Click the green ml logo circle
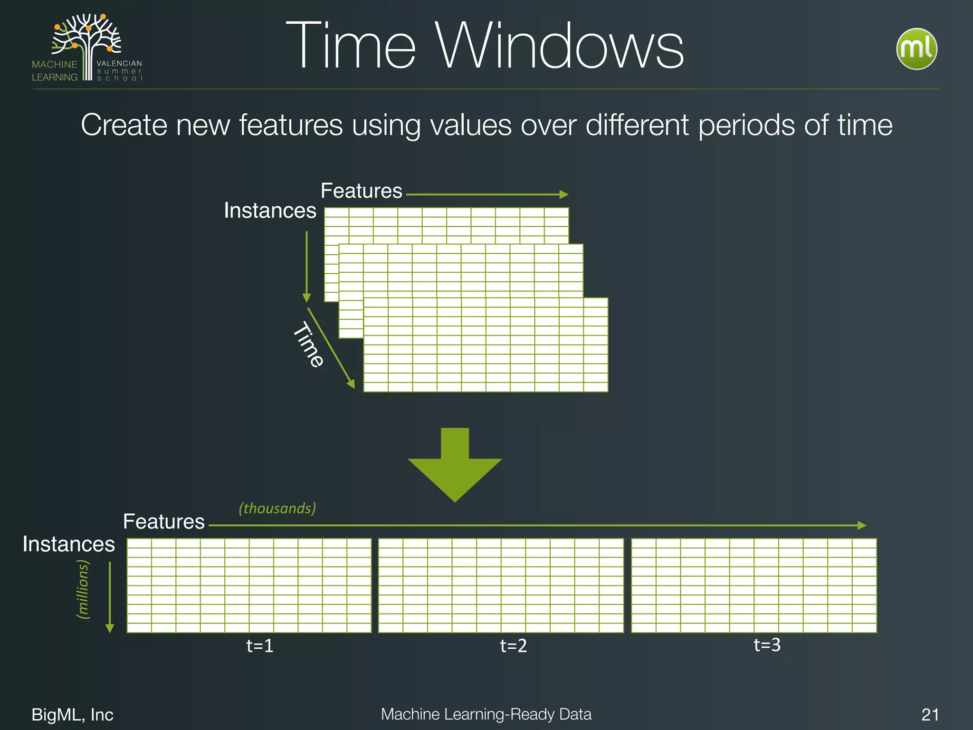(x=916, y=49)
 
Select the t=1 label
(x=260, y=646)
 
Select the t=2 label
(x=514, y=646)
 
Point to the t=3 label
(x=767, y=645)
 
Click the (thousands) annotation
(x=277, y=508)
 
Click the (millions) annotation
(x=83, y=589)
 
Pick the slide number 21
(x=930, y=715)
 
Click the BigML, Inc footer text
(x=72, y=715)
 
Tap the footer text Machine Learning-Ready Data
(x=486, y=714)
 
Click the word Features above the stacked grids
(x=362, y=191)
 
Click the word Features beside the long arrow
(x=164, y=522)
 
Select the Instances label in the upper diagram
(x=270, y=211)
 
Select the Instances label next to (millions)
(x=69, y=544)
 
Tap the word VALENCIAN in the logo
(x=119, y=63)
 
